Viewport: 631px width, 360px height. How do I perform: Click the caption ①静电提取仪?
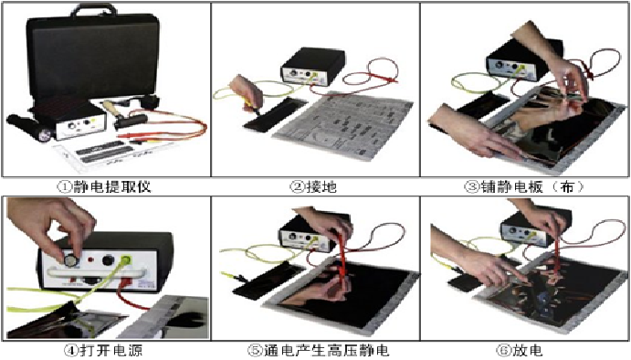[x=104, y=186]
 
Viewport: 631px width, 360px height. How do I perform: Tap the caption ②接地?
[x=313, y=186]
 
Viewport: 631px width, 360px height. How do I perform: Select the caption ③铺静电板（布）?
[x=524, y=186]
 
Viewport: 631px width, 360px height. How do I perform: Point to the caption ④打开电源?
[x=103, y=350]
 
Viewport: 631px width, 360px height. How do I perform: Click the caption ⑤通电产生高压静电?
[x=318, y=350]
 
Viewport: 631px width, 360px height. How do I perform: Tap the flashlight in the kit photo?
[x=29, y=128]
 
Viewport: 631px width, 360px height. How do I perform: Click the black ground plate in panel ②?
[x=276, y=112]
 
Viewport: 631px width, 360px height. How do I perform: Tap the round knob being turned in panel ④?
[x=71, y=259]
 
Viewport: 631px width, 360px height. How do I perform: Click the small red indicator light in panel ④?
[x=91, y=259]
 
